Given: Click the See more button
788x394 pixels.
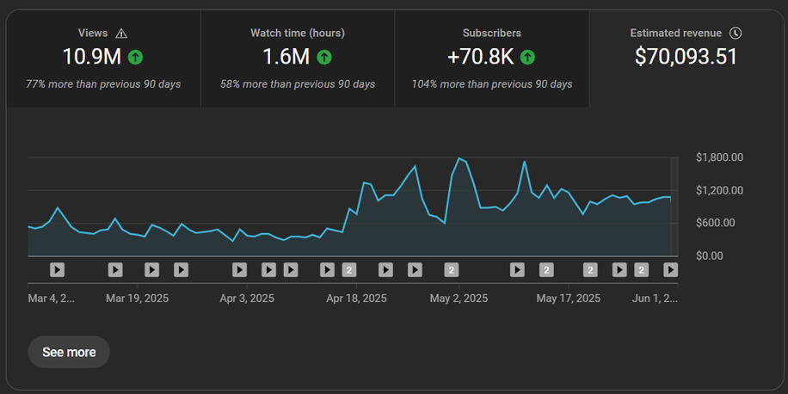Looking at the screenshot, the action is click(x=69, y=353).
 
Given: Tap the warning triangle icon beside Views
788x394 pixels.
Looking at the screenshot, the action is click(x=121, y=34).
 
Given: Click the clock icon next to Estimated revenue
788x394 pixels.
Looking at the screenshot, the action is click(x=736, y=34).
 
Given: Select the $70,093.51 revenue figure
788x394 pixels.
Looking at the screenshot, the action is click(x=686, y=57).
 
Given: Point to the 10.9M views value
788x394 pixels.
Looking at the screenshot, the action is click(x=92, y=57).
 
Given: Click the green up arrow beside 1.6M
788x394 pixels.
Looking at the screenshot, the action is click(x=324, y=58).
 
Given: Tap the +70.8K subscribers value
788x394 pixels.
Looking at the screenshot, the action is click(x=480, y=57).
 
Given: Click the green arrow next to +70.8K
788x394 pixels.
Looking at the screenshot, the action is click(x=527, y=58).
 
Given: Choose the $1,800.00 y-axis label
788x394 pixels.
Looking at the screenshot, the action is click(x=719, y=157).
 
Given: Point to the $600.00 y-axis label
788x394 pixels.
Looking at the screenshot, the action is click(x=716, y=223).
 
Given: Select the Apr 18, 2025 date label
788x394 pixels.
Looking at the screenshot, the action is click(x=356, y=299).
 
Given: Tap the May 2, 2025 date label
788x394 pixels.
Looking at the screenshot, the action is click(x=459, y=299).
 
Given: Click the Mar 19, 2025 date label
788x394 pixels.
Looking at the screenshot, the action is click(x=137, y=299).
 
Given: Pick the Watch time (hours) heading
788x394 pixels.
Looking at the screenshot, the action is click(x=298, y=34).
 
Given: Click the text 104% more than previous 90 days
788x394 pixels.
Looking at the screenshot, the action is click(x=492, y=84).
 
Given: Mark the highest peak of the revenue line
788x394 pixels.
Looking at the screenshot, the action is click(x=459, y=157).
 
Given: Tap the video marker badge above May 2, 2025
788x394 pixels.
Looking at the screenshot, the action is click(x=452, y=270).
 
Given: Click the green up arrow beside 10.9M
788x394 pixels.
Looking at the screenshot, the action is click(x=135, y=58).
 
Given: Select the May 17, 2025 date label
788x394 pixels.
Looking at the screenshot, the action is click(x=568, y=299).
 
